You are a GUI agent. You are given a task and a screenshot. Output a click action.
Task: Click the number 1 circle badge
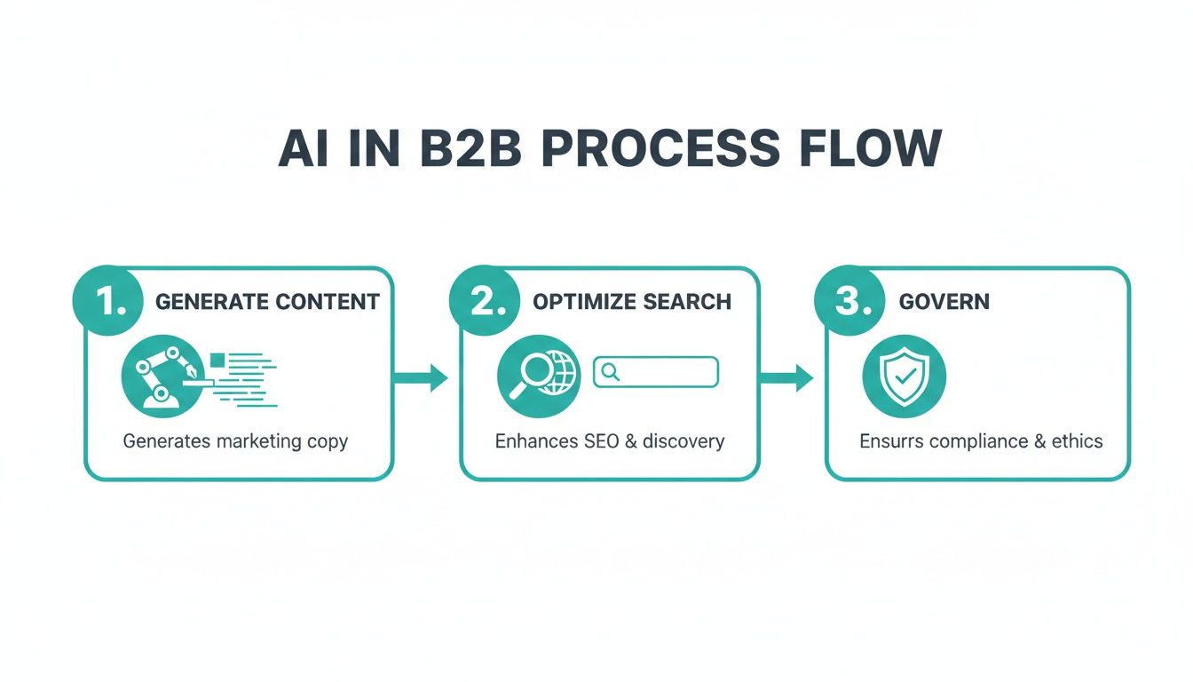point(107,302)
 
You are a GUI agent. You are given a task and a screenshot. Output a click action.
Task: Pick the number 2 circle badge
point(485,302)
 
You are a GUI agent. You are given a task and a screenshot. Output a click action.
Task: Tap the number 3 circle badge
point(849,302)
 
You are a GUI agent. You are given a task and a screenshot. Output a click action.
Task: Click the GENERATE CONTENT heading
point(267,302)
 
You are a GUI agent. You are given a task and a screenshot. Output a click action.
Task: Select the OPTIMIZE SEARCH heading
point(632,302)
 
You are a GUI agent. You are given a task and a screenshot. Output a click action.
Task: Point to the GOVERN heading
point(944,302)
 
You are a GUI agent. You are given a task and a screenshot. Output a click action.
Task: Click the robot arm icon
point(162,377)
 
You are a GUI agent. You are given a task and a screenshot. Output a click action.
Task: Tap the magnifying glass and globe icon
point(538,377)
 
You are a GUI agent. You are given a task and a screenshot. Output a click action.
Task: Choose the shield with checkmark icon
point(904,377)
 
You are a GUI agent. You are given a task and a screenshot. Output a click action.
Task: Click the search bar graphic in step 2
point(655,372)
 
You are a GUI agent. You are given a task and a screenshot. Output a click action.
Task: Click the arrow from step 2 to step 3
point(787,377)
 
